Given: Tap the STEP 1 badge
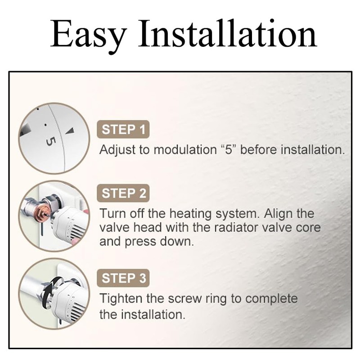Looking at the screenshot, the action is [123, 129].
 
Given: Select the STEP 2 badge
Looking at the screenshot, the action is [123, 193].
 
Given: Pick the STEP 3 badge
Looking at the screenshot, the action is [123, 278].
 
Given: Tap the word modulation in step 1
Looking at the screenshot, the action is [185, 150].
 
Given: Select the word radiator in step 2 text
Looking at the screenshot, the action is [236, 228].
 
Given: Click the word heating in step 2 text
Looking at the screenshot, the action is [190, 214].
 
